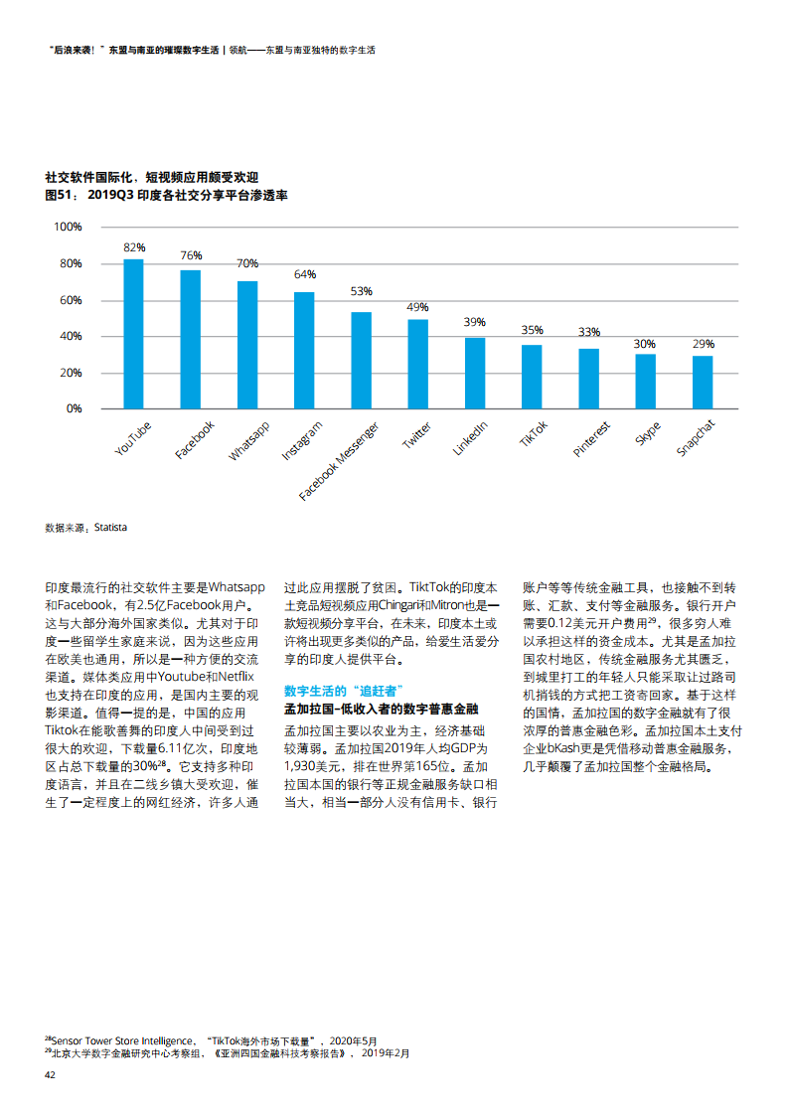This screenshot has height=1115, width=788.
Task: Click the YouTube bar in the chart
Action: click(134, 334)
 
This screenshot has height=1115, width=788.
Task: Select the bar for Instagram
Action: click(304, 351)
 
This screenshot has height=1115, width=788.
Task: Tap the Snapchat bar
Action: click(703, 383)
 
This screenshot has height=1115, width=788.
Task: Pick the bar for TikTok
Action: click(532, 377)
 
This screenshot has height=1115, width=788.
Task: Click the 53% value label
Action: click(362, 291)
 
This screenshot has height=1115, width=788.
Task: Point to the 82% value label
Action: click(134, 247)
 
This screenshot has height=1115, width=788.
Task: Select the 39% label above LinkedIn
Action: click(474, 322)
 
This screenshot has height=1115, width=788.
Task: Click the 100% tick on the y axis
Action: click(68, 227)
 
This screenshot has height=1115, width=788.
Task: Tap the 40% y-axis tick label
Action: click(71, 336)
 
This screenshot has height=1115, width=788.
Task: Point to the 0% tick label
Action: click(74, 408)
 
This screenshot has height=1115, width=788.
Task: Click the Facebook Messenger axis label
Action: click(339, 461)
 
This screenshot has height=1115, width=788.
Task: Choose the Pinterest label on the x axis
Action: click(591, 439)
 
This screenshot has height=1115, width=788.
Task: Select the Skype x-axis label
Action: click(648, 433)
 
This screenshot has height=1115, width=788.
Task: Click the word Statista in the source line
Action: click(110, 528)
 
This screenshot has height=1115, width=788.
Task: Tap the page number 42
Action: click(50, 1075)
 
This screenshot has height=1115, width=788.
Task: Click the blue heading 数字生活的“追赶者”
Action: click(344, 692)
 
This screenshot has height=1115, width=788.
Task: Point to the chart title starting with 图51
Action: click(166, 195)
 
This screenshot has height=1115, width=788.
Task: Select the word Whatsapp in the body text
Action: click(236, 587)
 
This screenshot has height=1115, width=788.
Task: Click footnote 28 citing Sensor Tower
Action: click(212, 1041)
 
